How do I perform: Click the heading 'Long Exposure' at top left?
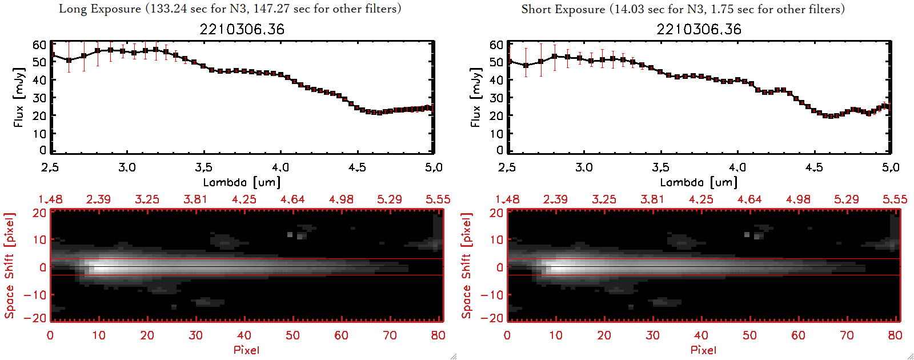(x=100, y=9)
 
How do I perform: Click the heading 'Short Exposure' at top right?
(x=563, y=9)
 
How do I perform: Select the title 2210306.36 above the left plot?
(x=242, y=29)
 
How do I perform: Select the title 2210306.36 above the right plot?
(x=699, y=29)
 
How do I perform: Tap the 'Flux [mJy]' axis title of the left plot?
(x=19, y=97)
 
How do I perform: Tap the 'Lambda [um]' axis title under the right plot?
(x=699, y=182)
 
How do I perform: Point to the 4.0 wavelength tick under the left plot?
(x=280, y=167)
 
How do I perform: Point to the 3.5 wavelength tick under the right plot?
(x=660, y=167)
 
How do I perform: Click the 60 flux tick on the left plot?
(x=39, y=45)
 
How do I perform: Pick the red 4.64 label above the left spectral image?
(x=292, y=199)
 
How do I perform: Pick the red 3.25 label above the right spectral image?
(x=604, y=199)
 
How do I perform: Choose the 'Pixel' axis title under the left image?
(x=246, y=350)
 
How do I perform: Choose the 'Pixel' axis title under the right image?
(x=703, y=350)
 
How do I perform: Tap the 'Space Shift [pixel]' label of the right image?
(x=467, y=266)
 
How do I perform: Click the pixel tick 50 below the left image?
(x=292, y=335)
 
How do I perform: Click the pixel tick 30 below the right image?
(x=652, y=335)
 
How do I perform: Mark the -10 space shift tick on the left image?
(x=35, y=295)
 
